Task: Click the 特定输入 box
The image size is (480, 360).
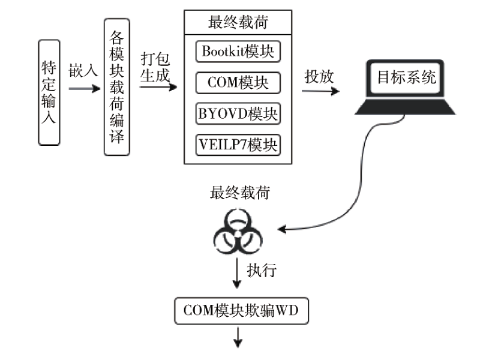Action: pos(49,92)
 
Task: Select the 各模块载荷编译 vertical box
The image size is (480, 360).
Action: pos(116,87)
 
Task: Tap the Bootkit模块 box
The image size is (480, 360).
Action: pos(238,52)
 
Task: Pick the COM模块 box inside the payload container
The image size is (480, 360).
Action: pos(238,83)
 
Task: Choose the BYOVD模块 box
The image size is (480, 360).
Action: pos(238,113)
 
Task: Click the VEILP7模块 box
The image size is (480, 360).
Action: pos(238,145)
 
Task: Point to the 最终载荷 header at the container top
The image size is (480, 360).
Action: pos(238,23)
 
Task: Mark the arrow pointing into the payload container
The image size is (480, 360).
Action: pos(159,88)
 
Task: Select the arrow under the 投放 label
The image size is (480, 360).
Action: pos(320,91)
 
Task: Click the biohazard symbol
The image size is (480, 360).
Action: pos(237,231)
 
